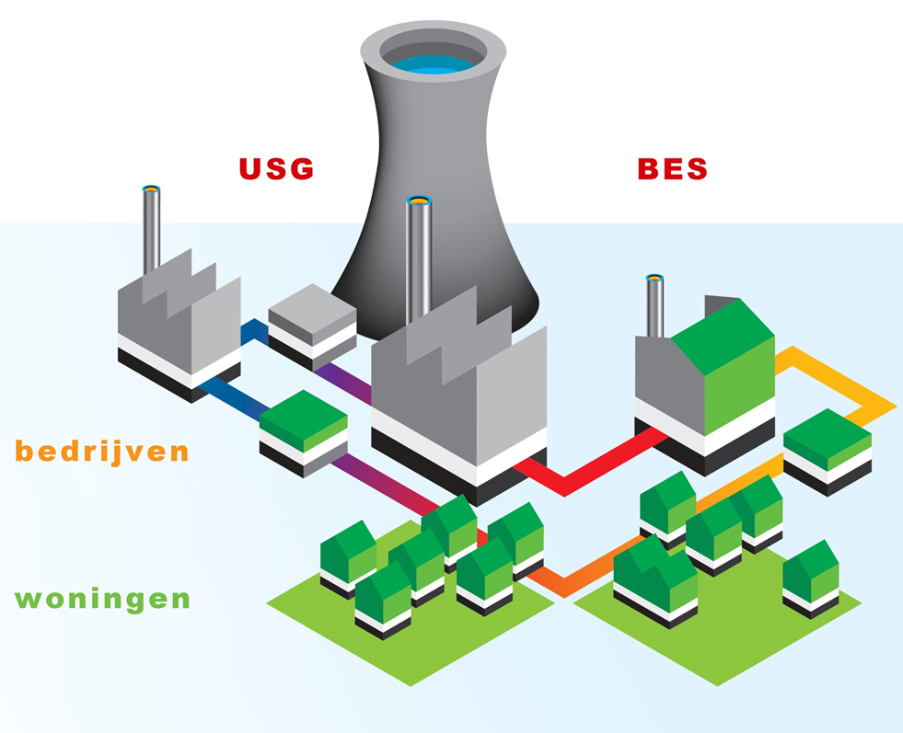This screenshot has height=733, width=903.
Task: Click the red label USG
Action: (x=276, y=168)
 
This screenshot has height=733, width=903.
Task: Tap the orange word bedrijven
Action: (x=101, y=452)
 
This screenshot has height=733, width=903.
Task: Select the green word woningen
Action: (x=103, y=600)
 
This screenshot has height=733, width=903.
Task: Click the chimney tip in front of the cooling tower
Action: (x=418, y=200)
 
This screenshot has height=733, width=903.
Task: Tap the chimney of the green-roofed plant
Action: (x=654, y=304)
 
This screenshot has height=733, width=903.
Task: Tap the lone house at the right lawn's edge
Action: (x=811, y=575)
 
